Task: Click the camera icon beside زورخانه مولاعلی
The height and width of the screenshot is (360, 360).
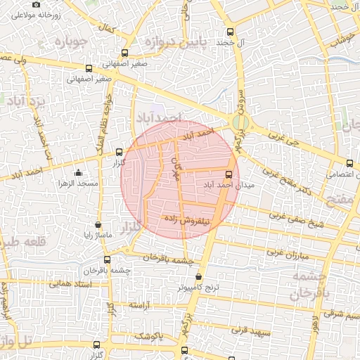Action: click(37, 4)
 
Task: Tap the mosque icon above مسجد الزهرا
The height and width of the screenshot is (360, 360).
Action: click(77, 173)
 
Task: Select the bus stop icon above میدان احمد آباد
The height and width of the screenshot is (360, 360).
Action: click(229, 174)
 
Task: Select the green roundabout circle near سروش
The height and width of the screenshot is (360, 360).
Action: click(239, 122)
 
